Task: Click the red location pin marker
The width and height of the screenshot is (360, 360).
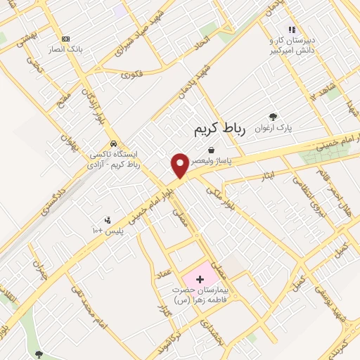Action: point(180,166)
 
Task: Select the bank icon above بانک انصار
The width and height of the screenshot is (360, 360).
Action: point(65,39)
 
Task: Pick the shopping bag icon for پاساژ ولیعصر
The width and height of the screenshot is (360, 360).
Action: point(211,150)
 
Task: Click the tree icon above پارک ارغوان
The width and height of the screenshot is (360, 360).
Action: point(273,117)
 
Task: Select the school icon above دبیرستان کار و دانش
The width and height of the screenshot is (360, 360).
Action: point(292,30)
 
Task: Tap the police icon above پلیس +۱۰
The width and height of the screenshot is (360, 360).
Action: point(107,219)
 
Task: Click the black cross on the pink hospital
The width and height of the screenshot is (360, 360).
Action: point(199,279)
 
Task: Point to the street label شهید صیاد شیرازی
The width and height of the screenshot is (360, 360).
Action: point(149,32)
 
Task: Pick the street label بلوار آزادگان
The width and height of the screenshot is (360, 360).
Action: point(89,105)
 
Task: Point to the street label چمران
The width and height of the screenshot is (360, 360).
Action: point(37,270)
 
